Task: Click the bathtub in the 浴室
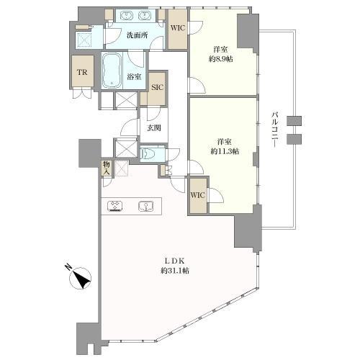112,71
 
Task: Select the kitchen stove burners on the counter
116,206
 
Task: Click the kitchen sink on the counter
145,206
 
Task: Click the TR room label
82,72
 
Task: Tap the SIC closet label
158,87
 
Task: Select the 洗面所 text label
137,35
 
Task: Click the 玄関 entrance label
154,128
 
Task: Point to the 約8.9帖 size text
221,59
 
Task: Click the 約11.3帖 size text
225,151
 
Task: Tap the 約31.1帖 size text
174,271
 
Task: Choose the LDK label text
174,261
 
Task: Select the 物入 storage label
107,168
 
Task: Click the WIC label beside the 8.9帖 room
178,28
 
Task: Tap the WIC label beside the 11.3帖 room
198,195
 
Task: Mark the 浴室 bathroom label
134,77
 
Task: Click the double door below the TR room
83,92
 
